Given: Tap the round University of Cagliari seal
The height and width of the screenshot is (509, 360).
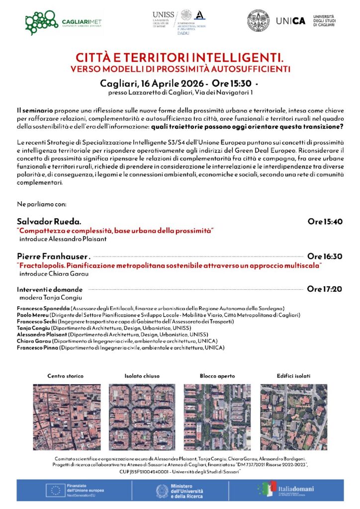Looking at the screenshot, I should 260,20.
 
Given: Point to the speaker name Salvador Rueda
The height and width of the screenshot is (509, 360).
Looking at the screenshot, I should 49,221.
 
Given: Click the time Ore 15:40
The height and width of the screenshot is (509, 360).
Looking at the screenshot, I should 325,222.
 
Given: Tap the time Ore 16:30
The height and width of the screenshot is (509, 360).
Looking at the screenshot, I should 325,256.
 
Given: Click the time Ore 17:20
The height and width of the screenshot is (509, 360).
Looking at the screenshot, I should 325,288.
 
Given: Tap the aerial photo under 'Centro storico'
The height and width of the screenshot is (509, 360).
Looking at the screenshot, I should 66,417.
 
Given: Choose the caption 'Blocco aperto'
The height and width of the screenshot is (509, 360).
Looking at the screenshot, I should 217,376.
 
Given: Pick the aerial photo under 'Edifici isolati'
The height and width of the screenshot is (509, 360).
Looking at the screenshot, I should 293,417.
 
